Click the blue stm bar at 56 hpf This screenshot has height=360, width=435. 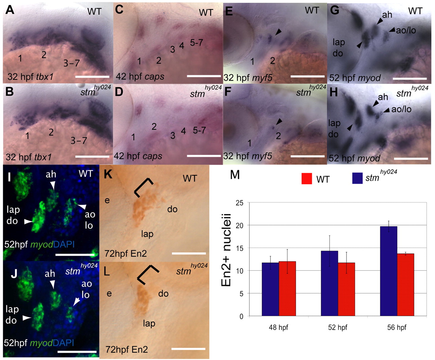[389, 271]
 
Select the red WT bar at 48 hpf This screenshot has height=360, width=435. [287, 289]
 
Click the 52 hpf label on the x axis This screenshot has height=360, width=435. [337, 327]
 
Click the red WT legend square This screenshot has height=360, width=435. [307, 178]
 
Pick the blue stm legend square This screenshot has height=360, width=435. [358, 178]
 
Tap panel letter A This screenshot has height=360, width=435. [10, 10]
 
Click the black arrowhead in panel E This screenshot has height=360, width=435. [278, 32]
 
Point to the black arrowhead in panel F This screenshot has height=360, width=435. [279, 121]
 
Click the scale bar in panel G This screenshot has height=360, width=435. [410, 79]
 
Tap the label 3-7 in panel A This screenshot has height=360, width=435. [71, 63]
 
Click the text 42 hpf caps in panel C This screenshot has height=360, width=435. [140, 76]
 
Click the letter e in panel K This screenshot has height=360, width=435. [107, 201]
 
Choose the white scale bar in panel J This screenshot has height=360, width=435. [77, 351]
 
